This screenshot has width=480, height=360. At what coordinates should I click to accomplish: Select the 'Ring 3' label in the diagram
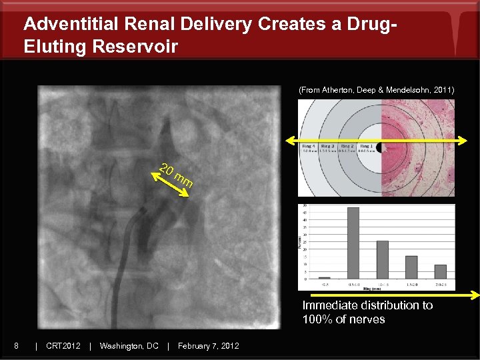[329, 146]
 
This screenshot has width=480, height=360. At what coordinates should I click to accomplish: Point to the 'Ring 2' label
[347, 146]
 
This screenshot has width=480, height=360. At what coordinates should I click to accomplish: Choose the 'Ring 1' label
[366, 146]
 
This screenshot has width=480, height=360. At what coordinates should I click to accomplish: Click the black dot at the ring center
[379, 146]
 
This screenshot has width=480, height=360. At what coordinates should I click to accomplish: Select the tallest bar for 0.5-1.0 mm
[353, 243]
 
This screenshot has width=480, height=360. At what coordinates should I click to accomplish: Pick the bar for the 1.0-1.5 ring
[382, 259]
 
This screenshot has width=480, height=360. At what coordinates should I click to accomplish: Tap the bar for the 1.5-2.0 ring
[411, 267]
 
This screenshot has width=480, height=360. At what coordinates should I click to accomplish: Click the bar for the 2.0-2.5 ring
[440, 271]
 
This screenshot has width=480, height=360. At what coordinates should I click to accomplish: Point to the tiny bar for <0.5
[324, 277]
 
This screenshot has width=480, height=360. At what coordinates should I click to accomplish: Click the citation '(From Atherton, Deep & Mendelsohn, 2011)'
[376, 89]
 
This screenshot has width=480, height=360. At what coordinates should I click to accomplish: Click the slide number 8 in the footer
[16, 345]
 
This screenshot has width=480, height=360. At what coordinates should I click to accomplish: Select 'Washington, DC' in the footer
[129, 345]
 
